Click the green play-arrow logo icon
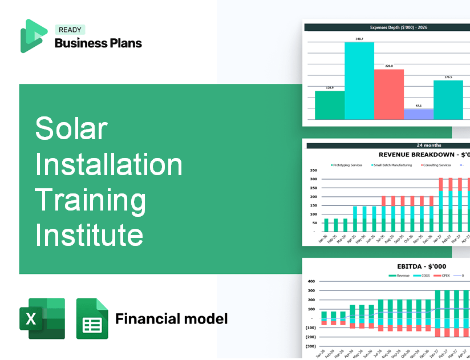click(33, 35)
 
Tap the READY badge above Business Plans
click(70, 30)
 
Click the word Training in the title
click(91, 199)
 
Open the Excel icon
click(42, 318)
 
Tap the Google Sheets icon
click(92, 318)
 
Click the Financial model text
click(171, 318)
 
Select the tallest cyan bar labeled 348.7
click(359, 80)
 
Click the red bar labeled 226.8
click(389, 94)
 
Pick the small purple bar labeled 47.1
click(419, 114)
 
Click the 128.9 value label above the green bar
click(330, 88)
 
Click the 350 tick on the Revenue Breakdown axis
click(313, 170)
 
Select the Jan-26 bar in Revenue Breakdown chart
click(326, 225)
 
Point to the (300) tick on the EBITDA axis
click(311, 346)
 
